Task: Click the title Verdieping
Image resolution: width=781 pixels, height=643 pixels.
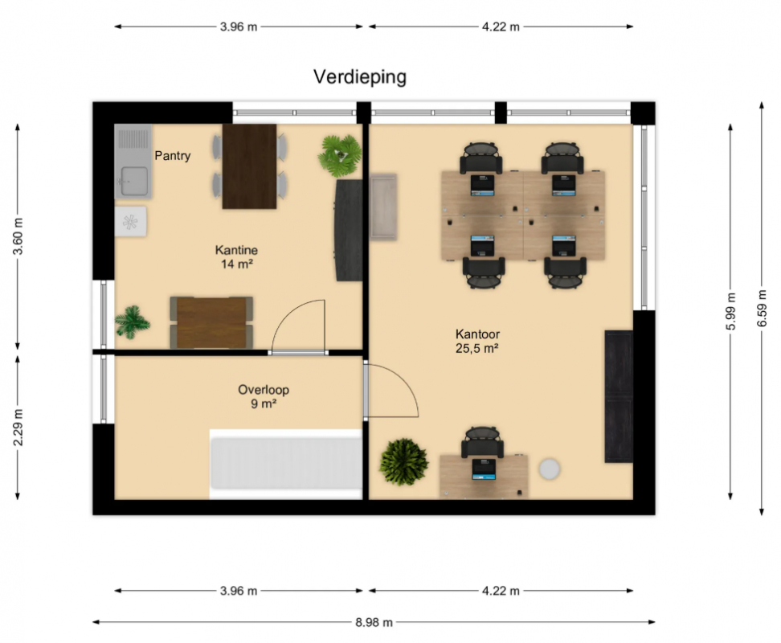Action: coord(360,77)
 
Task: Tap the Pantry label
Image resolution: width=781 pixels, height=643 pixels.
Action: coord(172,156)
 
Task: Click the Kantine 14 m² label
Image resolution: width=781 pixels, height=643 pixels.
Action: coord(236,257)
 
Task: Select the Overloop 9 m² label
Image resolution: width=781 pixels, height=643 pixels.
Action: coord(264,396)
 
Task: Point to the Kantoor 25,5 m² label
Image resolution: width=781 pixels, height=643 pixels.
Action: coord(477,341)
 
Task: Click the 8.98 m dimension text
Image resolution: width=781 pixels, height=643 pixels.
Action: coord(374,622)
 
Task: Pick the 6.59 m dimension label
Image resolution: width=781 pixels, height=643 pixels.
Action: coord(761,309)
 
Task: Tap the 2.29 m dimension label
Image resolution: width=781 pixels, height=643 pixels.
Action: coord(18,428)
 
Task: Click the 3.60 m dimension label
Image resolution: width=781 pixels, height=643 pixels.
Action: coord(18,236)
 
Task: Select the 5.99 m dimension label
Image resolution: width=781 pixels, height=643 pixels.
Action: coord(730,311)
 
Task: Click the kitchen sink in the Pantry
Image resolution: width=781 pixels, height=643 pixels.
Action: coord(133,162)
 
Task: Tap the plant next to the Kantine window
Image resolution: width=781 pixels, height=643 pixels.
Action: coord(132,322)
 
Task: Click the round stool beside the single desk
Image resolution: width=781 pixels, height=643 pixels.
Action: coord(550,469)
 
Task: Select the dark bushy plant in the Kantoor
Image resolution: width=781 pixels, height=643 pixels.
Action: coord(403,461)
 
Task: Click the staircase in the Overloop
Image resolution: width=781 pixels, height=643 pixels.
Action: coord(286,465)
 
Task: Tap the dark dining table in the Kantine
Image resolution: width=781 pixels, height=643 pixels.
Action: coord(249,166)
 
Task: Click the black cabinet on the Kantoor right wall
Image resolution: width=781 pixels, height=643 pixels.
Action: coord(619,396)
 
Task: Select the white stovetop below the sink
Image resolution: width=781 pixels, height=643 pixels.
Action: coord(130,222)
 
